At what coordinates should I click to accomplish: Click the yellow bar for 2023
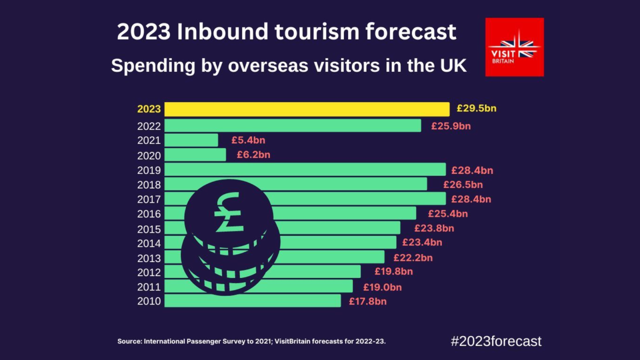coord(307,109)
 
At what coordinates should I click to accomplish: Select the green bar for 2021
coord(191,140)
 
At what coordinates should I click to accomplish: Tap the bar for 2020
coord(195,155)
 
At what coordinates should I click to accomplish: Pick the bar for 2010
coord(252,301)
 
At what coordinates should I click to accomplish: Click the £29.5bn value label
coord(476,108)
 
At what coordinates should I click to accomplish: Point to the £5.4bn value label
coord(248,140)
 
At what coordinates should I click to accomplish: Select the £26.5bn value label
coord(463,184)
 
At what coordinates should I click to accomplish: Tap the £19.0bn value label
coord(382,287)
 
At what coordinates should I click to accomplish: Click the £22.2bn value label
coord(413,258)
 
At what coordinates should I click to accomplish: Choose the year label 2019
coord(149,170)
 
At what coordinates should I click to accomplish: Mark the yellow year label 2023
coord(149,109)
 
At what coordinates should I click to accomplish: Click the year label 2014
coord(149,244)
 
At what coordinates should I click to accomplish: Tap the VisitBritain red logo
coord(514,47)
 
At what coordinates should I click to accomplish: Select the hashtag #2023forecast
coord(496,341)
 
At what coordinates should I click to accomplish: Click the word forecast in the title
coord(410,32)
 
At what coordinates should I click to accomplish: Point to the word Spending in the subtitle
coord(153,66)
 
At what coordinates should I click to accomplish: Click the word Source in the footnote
coord(129,341)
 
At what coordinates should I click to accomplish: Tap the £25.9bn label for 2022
coord(451,126)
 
